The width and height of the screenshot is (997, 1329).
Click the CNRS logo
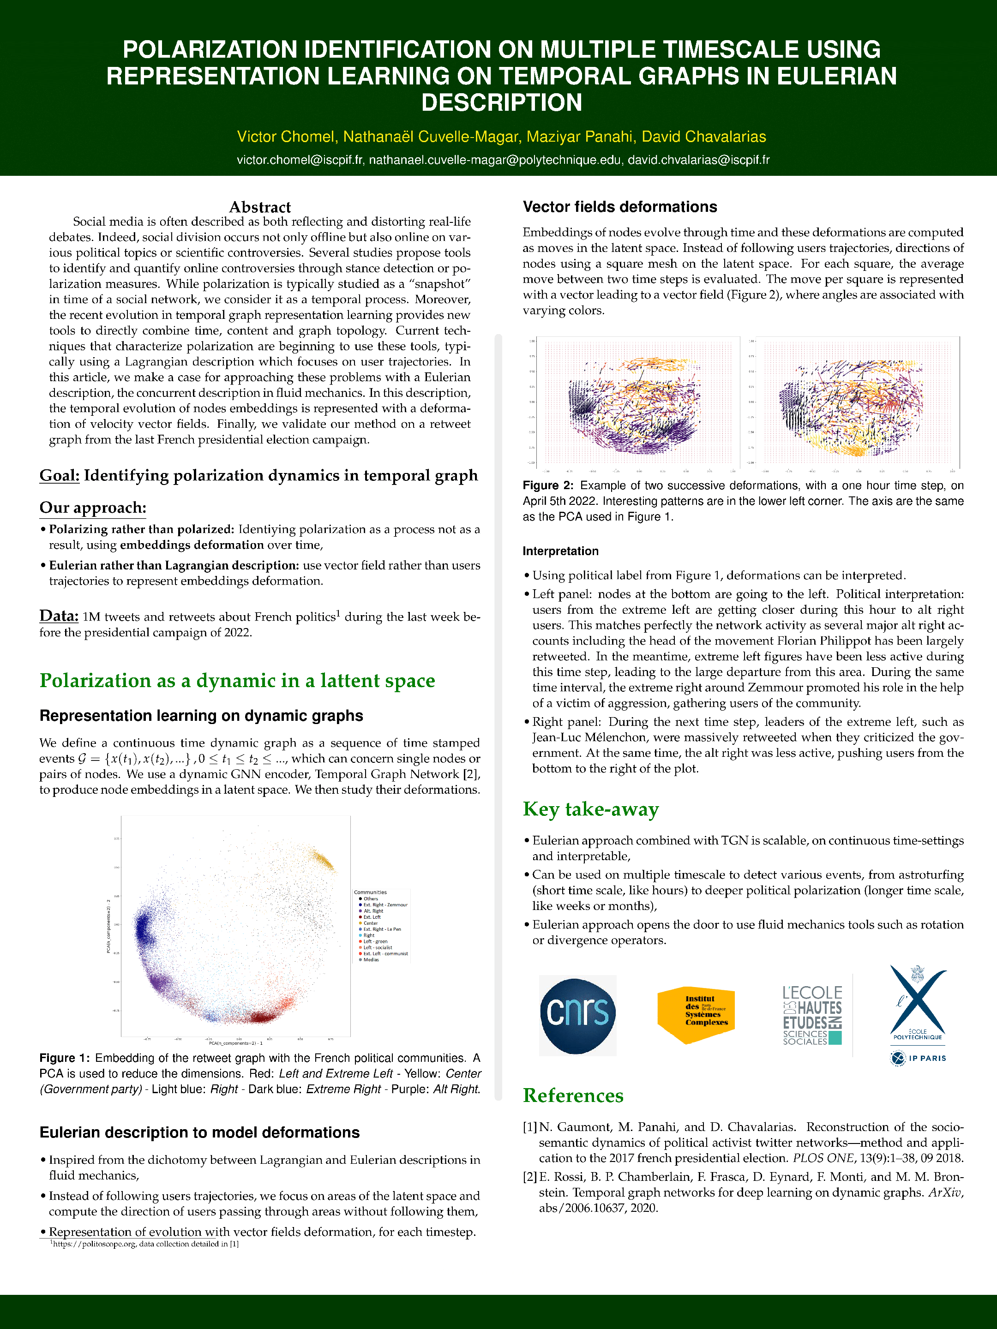click(577, 1015)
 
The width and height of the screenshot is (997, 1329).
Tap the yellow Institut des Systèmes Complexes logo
click(696, 1015)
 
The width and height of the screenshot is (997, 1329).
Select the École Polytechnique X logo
click(918, 1003)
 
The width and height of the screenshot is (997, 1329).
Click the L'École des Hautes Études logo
click(812, 1015)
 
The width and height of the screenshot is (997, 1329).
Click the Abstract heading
click(259, 207)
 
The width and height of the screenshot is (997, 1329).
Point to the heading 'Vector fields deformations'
click(619, 207)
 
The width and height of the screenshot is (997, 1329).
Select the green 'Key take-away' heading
click(591, 809)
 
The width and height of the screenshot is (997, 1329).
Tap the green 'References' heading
click(573, 1096)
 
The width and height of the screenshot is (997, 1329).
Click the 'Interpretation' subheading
click(560, 551)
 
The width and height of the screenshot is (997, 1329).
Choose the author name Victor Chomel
click(285, 137)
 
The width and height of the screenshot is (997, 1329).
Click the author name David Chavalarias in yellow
click(704, 137)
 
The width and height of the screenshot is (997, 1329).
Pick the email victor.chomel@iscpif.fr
click(299, 160)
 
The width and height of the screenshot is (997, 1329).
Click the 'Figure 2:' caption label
click(547, 485)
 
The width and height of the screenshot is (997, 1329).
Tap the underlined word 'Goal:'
click(60, 476)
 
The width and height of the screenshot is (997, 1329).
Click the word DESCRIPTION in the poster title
click(501, 103)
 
